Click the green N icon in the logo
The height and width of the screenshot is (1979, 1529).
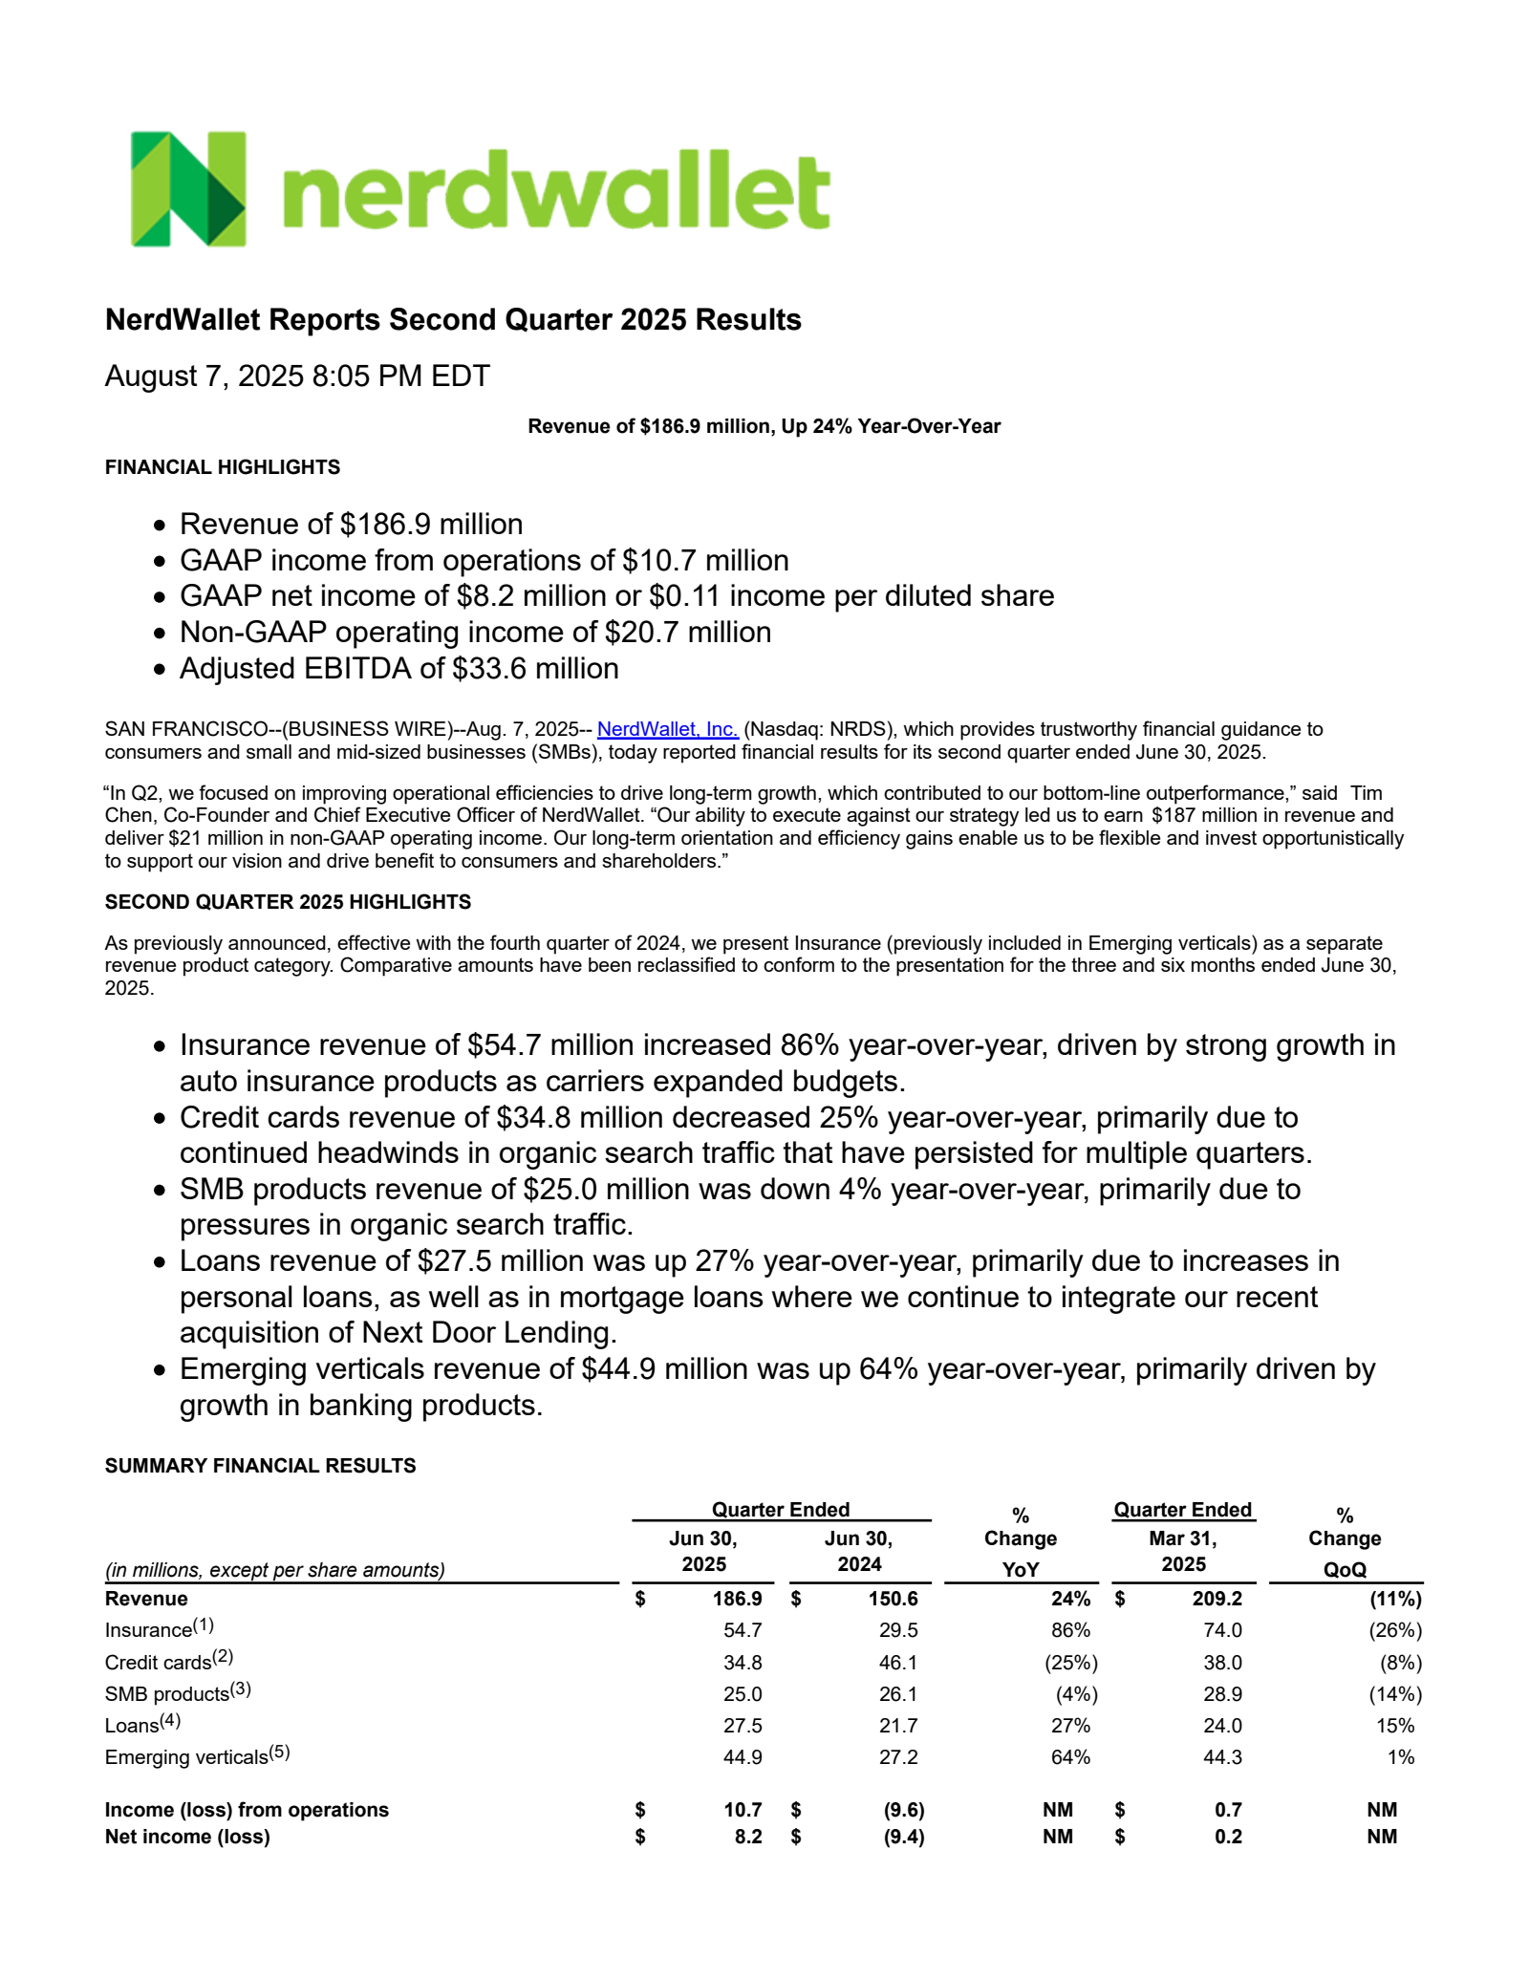pyautogui.click(x=188, y=189)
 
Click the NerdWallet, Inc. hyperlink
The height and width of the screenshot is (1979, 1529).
pyautogui.click(x=667, y=729)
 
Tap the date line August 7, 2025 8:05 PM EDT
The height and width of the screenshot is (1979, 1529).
pyautogui.click(x=297, y=376)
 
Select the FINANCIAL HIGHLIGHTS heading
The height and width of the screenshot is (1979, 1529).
pyautogui.click(x=222, y=467)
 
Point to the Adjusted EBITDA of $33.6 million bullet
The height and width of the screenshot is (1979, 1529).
pyautogui.click(x=398, y=669)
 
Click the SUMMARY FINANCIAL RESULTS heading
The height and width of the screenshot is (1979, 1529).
pyautogui.click(x=260, y=1466)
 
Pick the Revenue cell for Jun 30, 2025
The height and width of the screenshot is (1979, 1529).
pyautogui.click(x=737, y=1599)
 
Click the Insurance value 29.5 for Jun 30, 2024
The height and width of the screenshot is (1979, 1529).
pyautogui.click(x=897, y=1630)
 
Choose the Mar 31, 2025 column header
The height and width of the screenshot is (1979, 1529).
pyautogui.click(x=1183, y=1551)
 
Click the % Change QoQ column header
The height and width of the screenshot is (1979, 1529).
pyautogui.click(x=1345, y=1542)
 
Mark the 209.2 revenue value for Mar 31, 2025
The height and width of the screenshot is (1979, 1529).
pyautogui.click(x=1217, y=1599)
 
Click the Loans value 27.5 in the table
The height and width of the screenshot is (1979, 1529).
pyautogui.click(x=743, y=1726)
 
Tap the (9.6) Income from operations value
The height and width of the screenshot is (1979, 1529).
pyautogui.click(x=903, y=1810)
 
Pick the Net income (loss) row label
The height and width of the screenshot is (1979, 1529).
pyautogui.click(x=187, y=1837)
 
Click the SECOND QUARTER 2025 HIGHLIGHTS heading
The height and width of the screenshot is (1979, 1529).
pyautogui.click(x=288, y=902)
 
